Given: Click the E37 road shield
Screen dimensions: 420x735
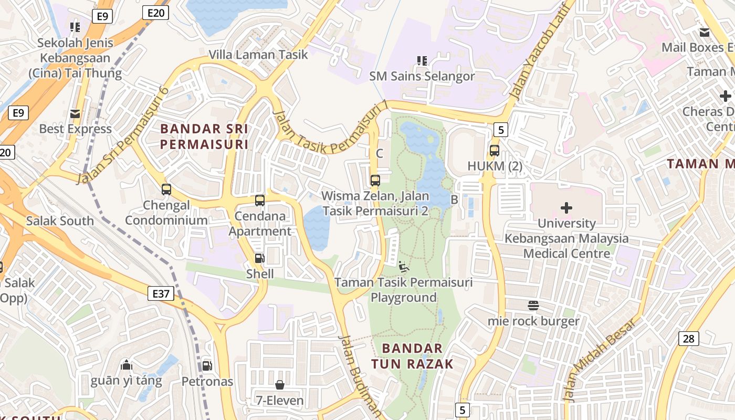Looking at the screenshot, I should coord(161,293).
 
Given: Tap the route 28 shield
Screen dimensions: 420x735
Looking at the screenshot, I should coord(688,339).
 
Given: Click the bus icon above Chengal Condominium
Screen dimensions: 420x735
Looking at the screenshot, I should coord(166,190).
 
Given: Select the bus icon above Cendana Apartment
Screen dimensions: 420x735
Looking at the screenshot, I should coord(260,200).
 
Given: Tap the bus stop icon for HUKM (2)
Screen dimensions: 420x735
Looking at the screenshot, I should coord(494,151).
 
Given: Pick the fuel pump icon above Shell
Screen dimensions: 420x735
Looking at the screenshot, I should coord(259,258).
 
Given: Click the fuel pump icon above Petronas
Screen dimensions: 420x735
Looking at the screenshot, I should coord(207,365).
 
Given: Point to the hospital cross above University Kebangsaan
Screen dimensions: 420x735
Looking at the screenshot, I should coord(566,208).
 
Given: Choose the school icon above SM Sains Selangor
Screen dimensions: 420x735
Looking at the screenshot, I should coord(422,61).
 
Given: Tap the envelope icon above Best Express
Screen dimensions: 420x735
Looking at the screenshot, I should coord(75,113).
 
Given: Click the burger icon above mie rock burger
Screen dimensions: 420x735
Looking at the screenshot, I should coord(533,306).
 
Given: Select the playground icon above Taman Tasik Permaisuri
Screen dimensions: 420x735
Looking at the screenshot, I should coord(404,267).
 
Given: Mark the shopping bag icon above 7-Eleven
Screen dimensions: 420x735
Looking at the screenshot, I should coord(280,385).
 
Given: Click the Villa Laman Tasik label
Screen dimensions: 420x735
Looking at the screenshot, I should coord(258,55).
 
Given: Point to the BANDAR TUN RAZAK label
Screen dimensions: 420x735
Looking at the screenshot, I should coord(412,356).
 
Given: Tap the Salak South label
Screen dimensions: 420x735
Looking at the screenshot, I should coord(60,221).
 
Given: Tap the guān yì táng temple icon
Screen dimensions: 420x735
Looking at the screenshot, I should coord(127,365).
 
